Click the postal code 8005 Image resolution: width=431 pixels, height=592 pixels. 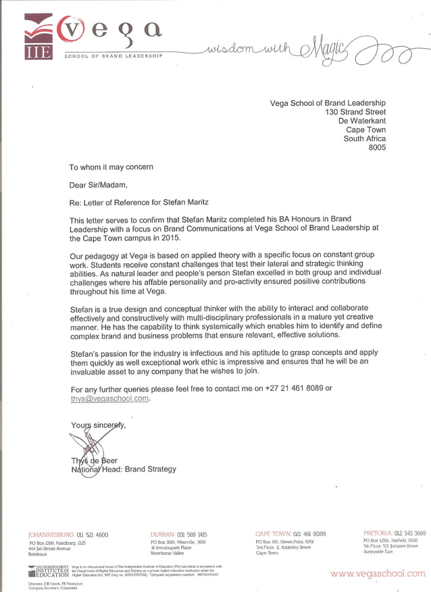(376, 149)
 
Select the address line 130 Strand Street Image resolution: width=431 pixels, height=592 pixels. (355, 112)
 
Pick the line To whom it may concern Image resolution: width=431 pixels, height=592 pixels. (111, 167)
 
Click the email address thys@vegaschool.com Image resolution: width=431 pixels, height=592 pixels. (109, 398)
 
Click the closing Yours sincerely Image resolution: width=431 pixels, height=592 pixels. (98, 425)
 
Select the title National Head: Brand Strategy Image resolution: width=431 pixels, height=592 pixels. (124, 469)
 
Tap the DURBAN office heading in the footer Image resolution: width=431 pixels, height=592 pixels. (162, 534)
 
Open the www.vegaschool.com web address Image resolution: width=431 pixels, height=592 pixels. (378, 574)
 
